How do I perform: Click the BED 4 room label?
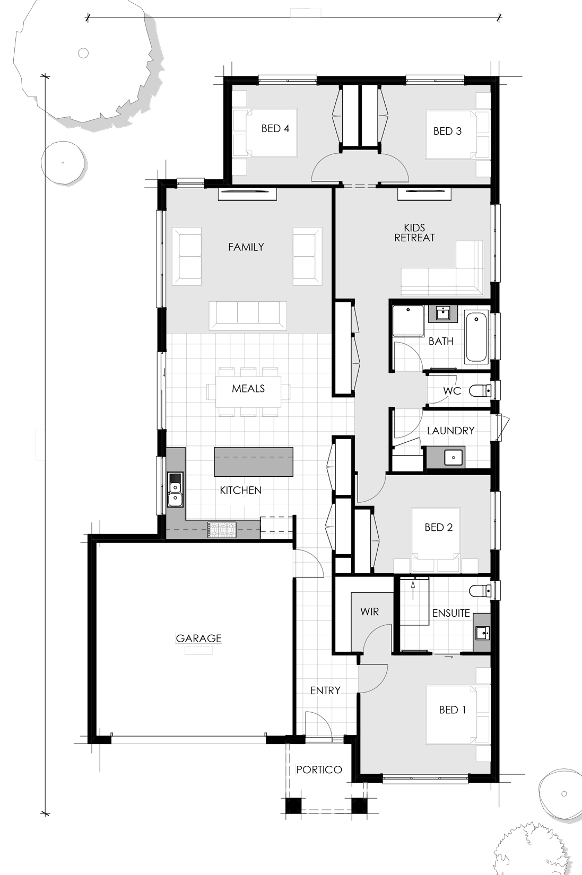pyautogui.click(x=275, y=128)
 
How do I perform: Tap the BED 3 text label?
pyautogui.click(x=447, y=132)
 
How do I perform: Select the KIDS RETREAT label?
pyautogui.click(x=414, y=232)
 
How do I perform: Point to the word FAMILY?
pyautogui.click(x=246, y=247)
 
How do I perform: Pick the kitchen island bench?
pyautogui.click(x=253, y=462)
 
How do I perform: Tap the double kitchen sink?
pyautogui.click(x=175, y=489)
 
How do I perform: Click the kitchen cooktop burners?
pyautogui.click(x=222, y=530)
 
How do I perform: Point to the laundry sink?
pyautogui.click(x=454, y=457)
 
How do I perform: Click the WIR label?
pyautogui.click(x=369, y=612)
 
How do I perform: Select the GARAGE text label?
pyautogui.click(x=198, y=638)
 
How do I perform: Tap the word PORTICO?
pyautogui.click(x=319, y=769)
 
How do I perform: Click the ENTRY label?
pyautogui.click(x=325, y=690)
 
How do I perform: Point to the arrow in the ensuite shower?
pyautogui.click(x=413, y=590)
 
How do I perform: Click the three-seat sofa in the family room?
pyautogui.click(x=248, y=314)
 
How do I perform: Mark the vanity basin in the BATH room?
pyautogui.click(x=443, y=313)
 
